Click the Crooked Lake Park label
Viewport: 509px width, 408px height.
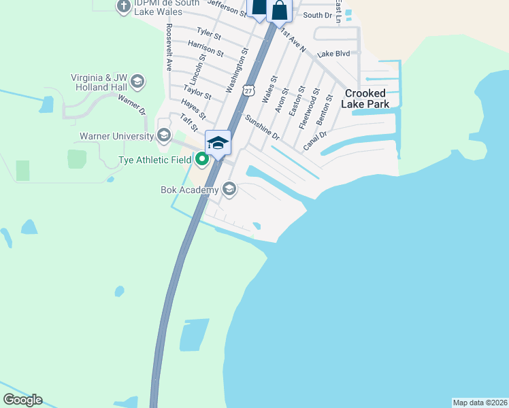click(366, 99)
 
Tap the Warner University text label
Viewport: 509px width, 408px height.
click(117, 136)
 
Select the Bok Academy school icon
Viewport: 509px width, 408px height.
click(229, 189)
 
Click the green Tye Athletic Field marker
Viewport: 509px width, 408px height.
click(202, 160)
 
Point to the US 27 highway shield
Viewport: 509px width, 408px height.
click(249, 90)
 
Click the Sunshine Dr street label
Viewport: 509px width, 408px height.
click(262, 126)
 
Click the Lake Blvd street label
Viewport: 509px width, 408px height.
click(333, 54)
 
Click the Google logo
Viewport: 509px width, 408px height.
click(22, 400)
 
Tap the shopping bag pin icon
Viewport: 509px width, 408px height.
click(279, 10)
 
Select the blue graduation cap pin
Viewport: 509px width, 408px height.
click(218, 143)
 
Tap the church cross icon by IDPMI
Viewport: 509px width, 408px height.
click(123, 7)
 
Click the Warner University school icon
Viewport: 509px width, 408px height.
click(163, 135)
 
